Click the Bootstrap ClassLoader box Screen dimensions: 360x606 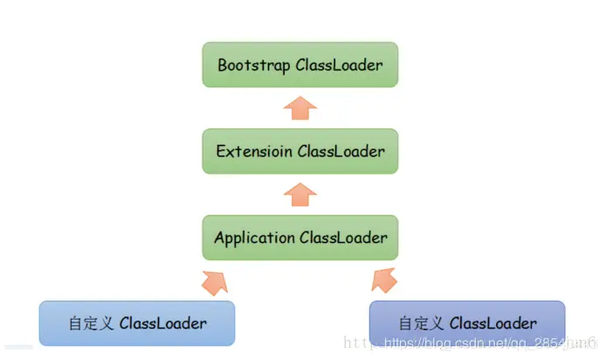tap(300, 65)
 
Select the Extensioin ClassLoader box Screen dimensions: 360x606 tap(300, 151)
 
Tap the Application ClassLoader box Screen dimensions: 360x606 tap(300, 237)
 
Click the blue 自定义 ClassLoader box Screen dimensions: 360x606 tap(137, 323)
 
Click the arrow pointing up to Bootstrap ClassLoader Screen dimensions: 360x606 tap(300, 108)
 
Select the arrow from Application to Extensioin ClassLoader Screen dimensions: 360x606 tap(300, 194)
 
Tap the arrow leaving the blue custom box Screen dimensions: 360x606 tap(214, 280)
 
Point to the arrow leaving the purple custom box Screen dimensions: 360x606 tap(385, 280)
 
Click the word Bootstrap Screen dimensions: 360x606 tap(254, 65)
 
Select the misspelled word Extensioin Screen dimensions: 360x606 tap(255, 151)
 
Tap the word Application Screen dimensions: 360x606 tap(255, 238)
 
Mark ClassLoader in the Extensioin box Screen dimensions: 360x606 tap(341, 151)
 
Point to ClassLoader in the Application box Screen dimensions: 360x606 tap(343, 238)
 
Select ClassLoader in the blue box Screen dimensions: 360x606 tap(163, 323)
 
